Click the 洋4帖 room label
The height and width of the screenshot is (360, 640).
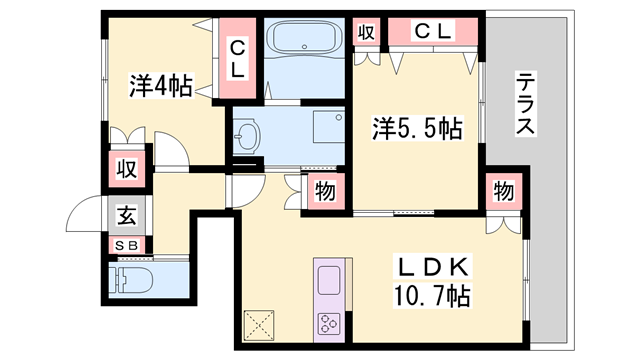point(160,87)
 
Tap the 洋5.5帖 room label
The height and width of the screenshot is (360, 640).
point(417,130)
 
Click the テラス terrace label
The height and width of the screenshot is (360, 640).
point(527,104)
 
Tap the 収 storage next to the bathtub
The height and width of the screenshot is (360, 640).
point(366,32)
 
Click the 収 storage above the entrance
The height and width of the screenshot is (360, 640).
point(125,168)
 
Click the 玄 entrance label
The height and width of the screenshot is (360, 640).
point(126,214)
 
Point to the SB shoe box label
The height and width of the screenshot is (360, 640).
point(127,244)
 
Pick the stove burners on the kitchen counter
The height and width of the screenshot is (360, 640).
point(329,322)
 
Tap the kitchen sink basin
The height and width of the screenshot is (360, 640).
point(329,278)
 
